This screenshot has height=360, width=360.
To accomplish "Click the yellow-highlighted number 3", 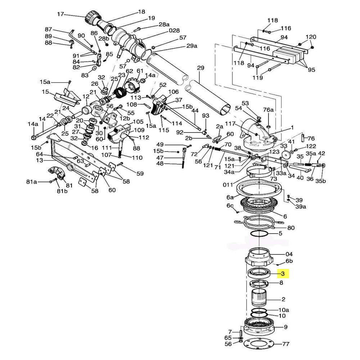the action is [x=283, y=274].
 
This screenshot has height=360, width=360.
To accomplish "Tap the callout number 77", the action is [x=285, y=344].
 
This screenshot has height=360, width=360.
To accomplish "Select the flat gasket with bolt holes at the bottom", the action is [x=259, y=345].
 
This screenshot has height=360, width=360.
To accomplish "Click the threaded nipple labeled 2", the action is [x=259, y=298].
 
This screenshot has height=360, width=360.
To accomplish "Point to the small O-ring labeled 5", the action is [x=259, y=234].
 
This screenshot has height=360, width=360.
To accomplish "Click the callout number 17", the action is [x=60, y=14].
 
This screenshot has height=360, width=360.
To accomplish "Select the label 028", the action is [x=174, y=31].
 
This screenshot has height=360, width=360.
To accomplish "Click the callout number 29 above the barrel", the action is [x=201, y=68].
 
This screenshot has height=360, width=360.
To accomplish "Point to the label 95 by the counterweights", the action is [x=311, y=70].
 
